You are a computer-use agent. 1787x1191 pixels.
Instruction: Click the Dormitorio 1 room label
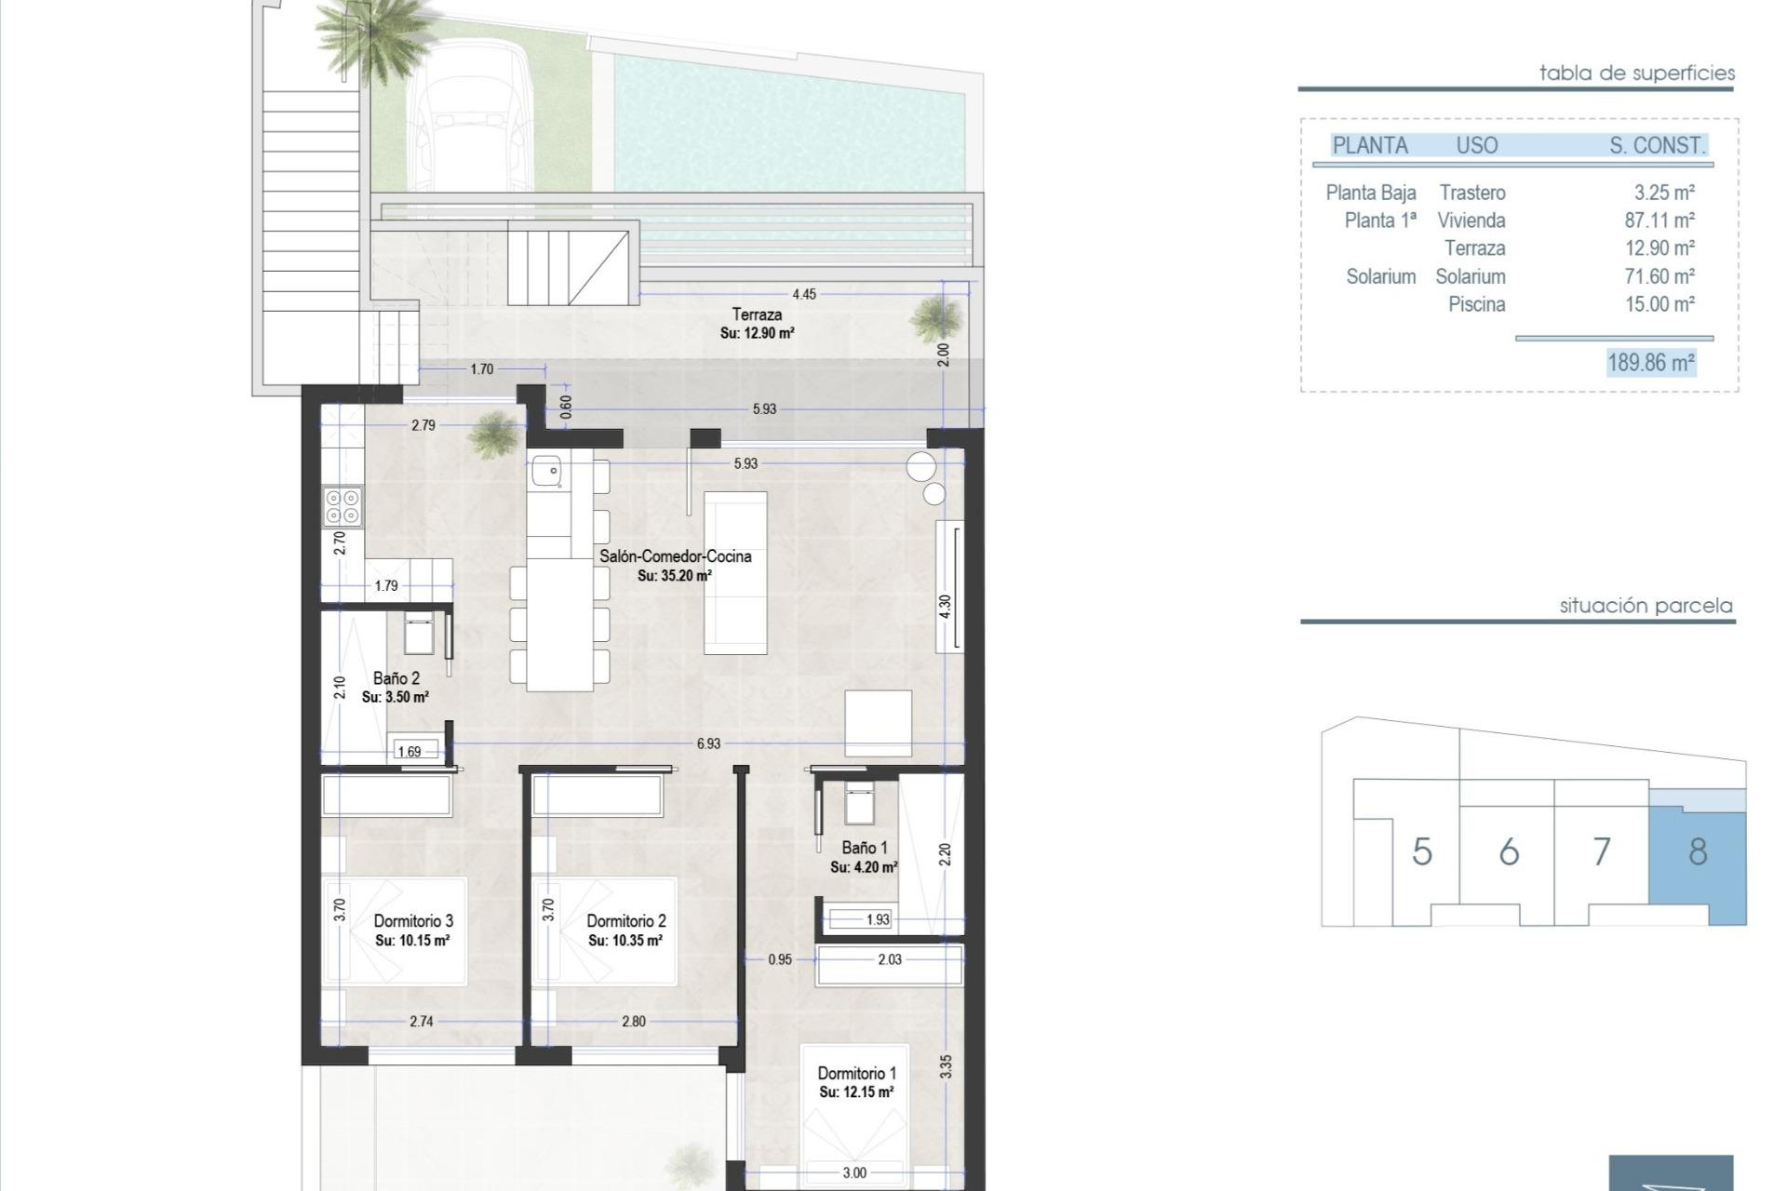tap(856, 1074)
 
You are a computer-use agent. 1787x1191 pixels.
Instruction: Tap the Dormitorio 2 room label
tap(625, 921)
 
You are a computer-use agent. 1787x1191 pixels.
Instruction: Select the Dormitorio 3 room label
tap(413, 921)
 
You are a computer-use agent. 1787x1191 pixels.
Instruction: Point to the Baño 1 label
tap(864, 848)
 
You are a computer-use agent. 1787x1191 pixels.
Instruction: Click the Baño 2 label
tap(396, 678)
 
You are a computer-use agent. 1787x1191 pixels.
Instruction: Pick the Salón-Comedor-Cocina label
tap(675, 556)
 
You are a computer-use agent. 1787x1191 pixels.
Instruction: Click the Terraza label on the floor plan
tap(756, 314)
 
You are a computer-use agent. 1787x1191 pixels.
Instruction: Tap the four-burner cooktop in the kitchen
tap(342, 506)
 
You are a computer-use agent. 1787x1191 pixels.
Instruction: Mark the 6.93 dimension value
tap(708, 743)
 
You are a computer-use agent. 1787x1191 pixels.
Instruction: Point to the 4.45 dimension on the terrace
tap(803, 294)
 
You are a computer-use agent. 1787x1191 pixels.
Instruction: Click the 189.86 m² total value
tap(1651, 362)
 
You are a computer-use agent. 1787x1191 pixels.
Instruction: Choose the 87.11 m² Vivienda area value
tap(1659, 221)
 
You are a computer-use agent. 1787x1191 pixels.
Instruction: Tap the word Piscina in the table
tap(1476, 304)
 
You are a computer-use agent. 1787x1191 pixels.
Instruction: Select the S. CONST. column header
tap(1657, 145)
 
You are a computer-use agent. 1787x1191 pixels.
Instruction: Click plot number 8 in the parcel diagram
tap(1698, 851)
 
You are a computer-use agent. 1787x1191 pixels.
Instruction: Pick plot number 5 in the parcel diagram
tap(1421, 851)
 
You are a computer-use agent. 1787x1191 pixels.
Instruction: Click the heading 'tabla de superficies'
tap(1636, 73)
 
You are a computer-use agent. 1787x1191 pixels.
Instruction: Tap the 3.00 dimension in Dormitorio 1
tap(853, 1173)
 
